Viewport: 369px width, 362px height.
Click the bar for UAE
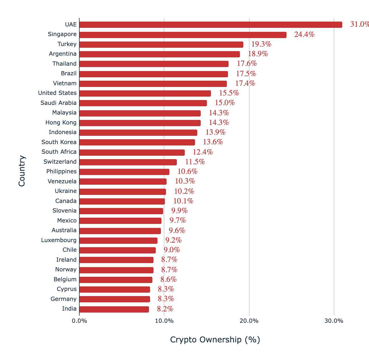[210, 25]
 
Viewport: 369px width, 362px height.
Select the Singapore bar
[183, 35]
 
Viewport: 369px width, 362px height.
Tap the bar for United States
[145, 93]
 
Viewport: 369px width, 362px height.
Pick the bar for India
[114, 309]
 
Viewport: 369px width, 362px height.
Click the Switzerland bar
[128, 162]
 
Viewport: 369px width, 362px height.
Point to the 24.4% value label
[304, 35]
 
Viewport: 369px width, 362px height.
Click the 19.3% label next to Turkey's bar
[261, 44]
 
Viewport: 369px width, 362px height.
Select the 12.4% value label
[203, 152]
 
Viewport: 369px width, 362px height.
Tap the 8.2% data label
[165, 309]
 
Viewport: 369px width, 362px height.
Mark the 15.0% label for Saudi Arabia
[225, 103]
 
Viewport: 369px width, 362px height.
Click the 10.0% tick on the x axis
[164, 321]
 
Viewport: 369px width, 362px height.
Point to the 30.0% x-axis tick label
[334, 321]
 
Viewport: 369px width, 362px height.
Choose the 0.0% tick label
[79, 321]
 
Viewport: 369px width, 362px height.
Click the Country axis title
[22, 170]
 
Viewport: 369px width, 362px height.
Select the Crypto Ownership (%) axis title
[215, 340]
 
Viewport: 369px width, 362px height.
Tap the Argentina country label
[63, 54]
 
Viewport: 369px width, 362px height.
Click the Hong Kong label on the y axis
[61, 123]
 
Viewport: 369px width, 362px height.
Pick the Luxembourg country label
[59, 240]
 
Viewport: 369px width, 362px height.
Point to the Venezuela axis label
[62, 182]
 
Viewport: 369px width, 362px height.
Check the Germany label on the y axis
[63, 299]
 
